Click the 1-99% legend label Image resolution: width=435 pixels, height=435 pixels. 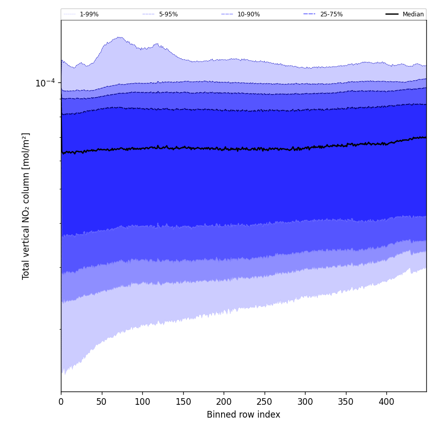89,14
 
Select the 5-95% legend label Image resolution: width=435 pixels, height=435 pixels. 168,14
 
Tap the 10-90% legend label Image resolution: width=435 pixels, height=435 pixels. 248,14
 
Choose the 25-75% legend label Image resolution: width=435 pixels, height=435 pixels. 331,14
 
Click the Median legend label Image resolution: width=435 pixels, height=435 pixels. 413,14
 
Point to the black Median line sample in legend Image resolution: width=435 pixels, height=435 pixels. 393,14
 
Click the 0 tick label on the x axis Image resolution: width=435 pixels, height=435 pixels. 61,402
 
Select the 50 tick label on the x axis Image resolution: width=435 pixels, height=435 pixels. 101,402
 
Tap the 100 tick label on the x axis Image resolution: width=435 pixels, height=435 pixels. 142,402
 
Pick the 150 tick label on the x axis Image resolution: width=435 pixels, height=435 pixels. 183,402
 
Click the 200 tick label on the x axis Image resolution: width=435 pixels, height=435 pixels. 224,402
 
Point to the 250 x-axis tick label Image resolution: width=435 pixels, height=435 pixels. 264,402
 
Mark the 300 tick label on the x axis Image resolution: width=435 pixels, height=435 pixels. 305,402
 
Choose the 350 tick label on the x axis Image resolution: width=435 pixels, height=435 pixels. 345,402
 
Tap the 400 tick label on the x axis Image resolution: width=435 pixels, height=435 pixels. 386,402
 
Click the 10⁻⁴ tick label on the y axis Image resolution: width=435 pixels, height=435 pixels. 45,83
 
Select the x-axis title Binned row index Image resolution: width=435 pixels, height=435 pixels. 244,415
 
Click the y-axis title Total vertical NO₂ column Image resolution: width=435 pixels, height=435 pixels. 26,206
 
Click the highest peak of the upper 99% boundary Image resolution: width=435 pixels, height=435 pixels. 119,37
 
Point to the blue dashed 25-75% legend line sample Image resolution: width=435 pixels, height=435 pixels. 310,14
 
